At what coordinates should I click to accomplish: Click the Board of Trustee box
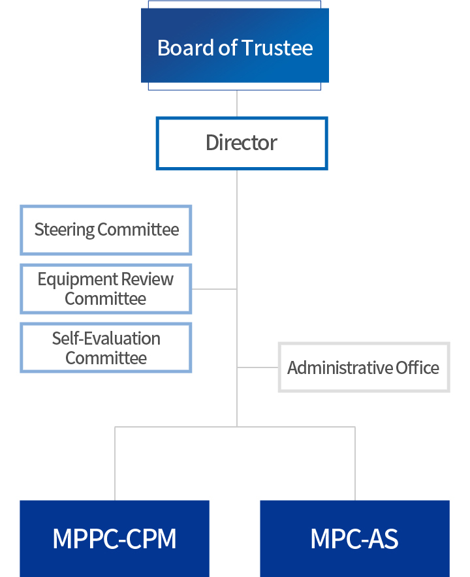click(x=235, y=45)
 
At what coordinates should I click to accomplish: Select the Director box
click(x=242, y=143)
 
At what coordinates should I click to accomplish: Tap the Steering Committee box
click(x=106, y=230)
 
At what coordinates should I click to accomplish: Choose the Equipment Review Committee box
click(x=106, y=289)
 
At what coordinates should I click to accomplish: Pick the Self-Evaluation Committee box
click(x=106, y=348)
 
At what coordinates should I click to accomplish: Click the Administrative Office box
click(x=364, y=367)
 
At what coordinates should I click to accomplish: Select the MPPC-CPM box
click(x=114, y=538)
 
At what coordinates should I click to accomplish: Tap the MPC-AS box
click(x=355, y=538)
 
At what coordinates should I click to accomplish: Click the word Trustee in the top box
click(x=277, y=48)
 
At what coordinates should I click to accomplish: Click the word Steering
click(x=65, y=230)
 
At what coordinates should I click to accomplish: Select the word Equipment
click(x=78, y=279)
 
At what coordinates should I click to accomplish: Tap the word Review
click(x=148, y=279)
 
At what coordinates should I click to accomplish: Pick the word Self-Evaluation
click(x=106, y=338)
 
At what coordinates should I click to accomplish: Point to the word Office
click(x=417, y=367)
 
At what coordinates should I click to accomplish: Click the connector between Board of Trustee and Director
click(x=237, y=104)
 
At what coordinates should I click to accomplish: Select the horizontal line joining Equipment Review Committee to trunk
click(x=214, y=289)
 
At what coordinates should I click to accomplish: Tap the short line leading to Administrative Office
click(x=258, y=367)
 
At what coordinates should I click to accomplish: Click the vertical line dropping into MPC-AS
click(x=355, y=463)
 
